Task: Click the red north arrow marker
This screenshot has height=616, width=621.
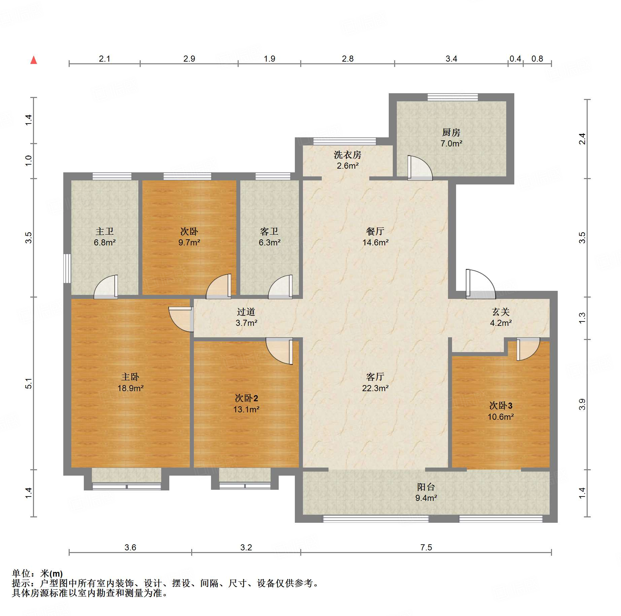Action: [x=34, y=60]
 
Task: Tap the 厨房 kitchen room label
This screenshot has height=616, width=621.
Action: [x=451, y=132]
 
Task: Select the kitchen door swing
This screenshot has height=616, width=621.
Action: [x=419, y=168]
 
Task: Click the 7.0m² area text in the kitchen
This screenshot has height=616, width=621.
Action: [x=451, y=143]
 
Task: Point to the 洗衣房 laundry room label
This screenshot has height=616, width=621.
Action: [x=347, y=155]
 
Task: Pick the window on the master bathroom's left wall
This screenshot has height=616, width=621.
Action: [x=67, y=268]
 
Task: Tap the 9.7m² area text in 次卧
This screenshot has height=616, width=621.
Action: [x=189, y=242]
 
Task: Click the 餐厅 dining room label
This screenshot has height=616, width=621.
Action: [x=375, y=231]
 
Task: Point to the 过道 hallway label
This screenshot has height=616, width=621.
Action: [x=246, y=312]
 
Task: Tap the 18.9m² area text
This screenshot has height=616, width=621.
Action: [x=130, y=388]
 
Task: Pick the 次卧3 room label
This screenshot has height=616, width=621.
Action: [x=501, y=406]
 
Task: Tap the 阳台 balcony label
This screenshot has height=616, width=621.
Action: [x=426, y=487]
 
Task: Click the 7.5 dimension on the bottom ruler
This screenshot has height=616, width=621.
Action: [x=426, y=547]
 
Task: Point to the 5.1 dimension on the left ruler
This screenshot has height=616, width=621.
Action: [x=29, y=383]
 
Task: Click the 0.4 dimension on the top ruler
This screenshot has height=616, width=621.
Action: [x=515, y=59]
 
